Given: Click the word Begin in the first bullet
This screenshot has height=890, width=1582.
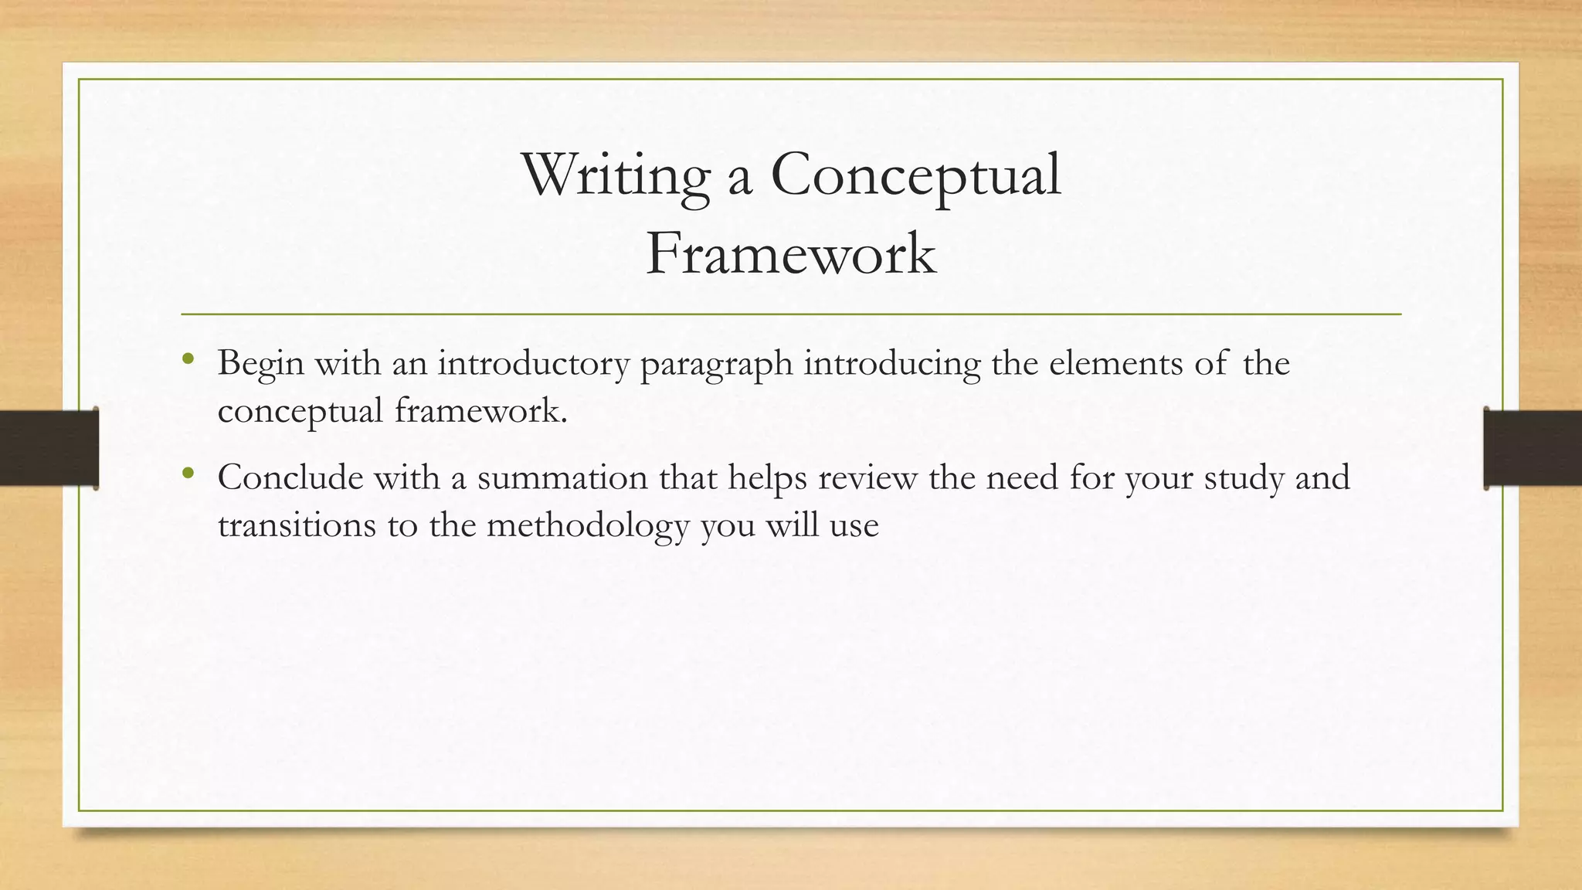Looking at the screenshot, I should [260, 363].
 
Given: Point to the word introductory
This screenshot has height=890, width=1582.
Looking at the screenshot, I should [533, 363].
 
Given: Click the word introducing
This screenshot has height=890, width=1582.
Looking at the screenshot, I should [891, 363].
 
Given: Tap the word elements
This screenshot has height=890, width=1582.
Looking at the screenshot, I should [1115, 363].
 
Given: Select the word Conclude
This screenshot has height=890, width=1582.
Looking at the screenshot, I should [290, 477].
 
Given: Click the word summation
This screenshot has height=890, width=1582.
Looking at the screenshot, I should [562, 477].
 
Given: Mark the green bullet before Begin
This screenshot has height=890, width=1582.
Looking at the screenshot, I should [188, 359].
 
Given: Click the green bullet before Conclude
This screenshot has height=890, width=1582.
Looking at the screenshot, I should [188, 474].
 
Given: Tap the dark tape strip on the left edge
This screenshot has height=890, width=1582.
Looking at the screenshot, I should [49, 448].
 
